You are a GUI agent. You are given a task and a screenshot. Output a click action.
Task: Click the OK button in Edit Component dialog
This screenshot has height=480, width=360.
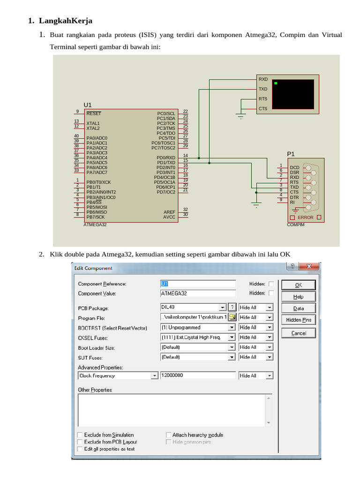(x=299, y=285)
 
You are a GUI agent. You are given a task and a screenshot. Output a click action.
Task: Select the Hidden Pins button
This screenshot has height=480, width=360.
(x=299, y=320)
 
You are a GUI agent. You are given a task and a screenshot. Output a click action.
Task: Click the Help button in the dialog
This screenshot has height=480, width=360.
(x=299, y=297)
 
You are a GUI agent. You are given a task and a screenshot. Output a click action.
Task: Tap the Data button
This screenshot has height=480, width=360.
(x=299, y=308)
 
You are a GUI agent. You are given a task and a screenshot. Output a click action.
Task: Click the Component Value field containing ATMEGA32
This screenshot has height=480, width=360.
(x=198, y=293)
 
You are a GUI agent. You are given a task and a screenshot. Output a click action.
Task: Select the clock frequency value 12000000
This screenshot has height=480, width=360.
(x=198, y=375)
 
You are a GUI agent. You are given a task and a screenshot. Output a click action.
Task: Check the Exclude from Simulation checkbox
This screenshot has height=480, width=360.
(x=80, y=435)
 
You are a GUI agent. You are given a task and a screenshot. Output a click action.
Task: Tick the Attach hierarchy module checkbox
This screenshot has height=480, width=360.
(x=168, y=435)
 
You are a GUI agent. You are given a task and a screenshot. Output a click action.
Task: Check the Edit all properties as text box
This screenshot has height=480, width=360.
(x=80, y=449)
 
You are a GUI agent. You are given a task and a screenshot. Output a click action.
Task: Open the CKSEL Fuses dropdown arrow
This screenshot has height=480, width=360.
(x=232, y=337)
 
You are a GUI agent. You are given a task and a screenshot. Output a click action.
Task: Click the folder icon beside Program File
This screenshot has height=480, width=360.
(x=232, y=317)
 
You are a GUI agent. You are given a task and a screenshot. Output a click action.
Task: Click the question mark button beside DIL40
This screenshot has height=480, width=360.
(x=232, y=307)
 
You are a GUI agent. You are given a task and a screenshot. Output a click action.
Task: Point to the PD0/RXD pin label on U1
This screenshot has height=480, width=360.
(x=166, y=157)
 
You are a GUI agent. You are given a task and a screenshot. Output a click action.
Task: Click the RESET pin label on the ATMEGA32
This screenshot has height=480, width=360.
(x=94, y=113)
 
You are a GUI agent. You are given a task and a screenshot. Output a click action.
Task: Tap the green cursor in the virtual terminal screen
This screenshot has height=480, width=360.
(x=276, y=83)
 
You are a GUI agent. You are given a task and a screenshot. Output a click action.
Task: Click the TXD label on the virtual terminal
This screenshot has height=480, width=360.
(x=263, y=89)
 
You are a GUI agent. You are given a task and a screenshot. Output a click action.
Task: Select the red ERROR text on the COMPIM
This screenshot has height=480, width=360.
(x=306, y=217)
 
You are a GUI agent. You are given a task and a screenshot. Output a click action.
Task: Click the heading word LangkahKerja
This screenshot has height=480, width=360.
(x=66, y=21)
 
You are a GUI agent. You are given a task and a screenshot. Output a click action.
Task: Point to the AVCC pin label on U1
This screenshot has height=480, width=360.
(x=169, y=217)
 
